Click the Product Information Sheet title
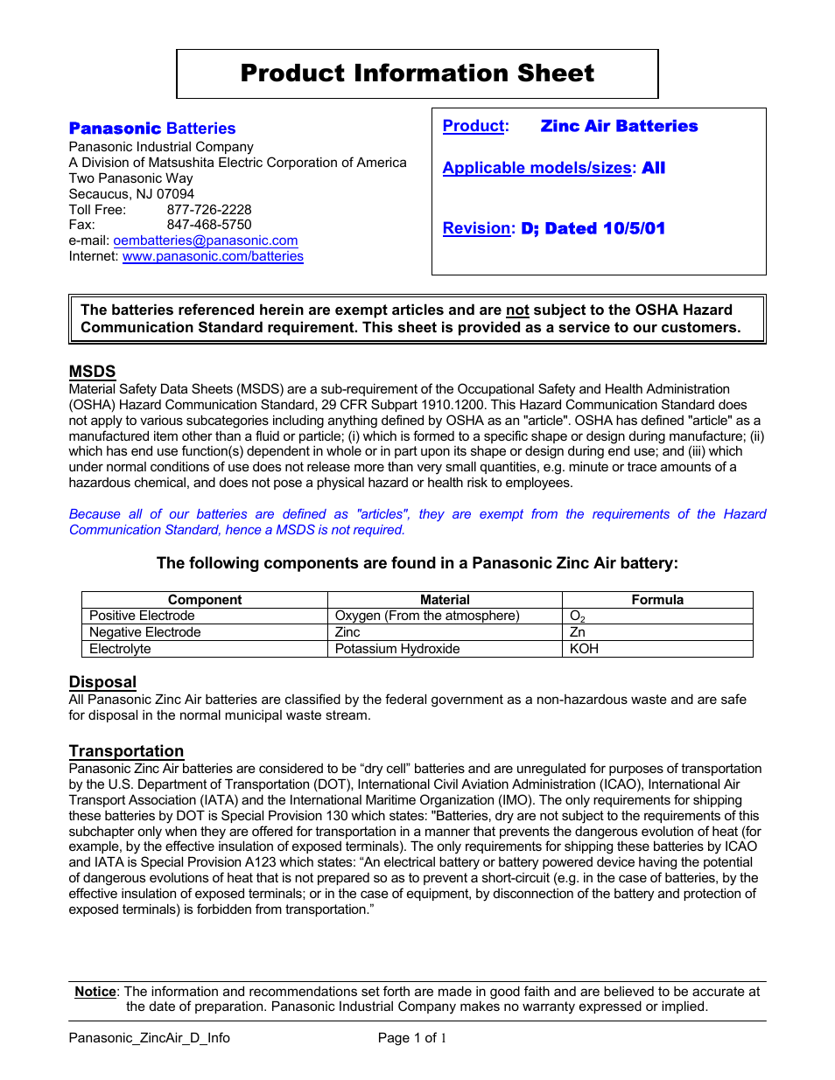click(417, 73)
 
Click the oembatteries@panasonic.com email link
click(205, 240)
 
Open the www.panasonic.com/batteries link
click(213, 256)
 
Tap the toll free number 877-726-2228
click(209, 210)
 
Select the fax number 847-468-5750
click(209, 225)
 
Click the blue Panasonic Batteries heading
click(152, 129)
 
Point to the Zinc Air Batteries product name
click(619, 126)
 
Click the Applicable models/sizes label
click(537, 168)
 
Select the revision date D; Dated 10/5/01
click(593, 228)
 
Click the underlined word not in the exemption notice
click(517, 310)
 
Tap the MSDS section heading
click(92, 372)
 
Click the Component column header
click(205, 600)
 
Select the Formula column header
click(656, 600)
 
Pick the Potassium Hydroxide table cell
click(397, 649)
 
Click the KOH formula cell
click(584, 649)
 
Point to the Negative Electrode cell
click(145, 632)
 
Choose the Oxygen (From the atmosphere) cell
click(427, 616)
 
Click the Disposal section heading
click(102, 682)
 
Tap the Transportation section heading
click(126, 751)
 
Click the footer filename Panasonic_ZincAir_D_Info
click(150, 1038)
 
